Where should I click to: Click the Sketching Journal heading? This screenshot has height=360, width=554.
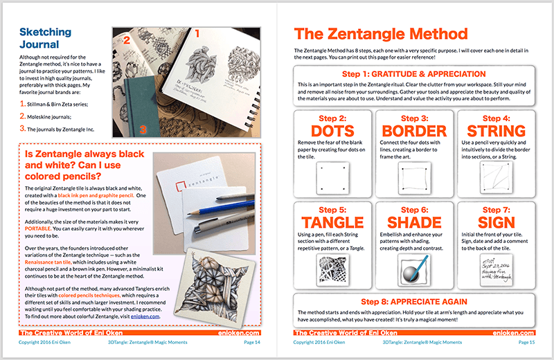(x=45, y=40)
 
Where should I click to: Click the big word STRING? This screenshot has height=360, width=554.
(x=497, y=129)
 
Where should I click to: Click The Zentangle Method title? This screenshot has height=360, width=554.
(x=381, y=35)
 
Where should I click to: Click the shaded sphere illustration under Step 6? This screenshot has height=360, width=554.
(x=413, y=268)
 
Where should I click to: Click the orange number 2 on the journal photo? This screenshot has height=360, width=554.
(x=126, y=40)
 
